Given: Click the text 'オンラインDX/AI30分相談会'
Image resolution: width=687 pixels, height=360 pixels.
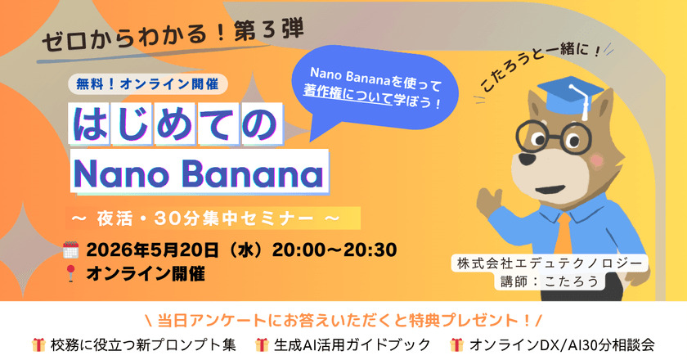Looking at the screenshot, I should (x=565, y=345).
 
